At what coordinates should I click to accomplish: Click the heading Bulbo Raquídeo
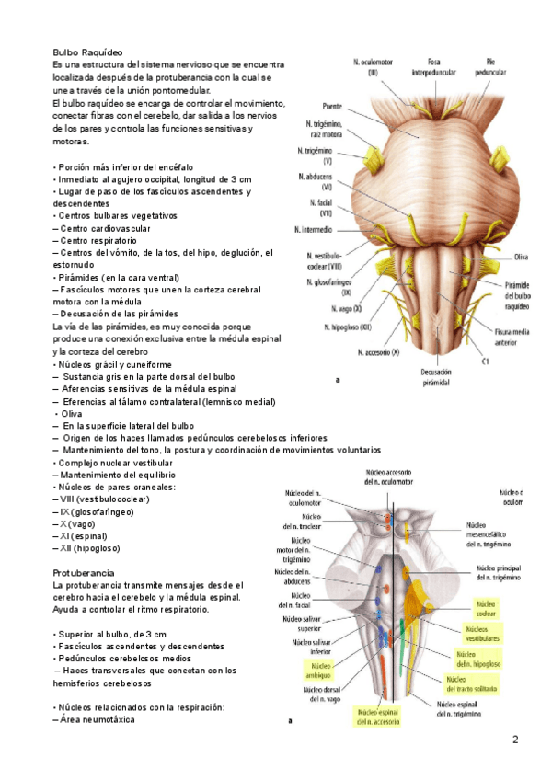tap(88, 53)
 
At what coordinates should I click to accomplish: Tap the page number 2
tap(515, 740)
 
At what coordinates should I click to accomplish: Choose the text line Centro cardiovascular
tap(102, 227)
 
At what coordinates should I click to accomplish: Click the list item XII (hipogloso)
tap(86, 548)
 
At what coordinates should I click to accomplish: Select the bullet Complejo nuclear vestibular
tap(120, 463)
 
